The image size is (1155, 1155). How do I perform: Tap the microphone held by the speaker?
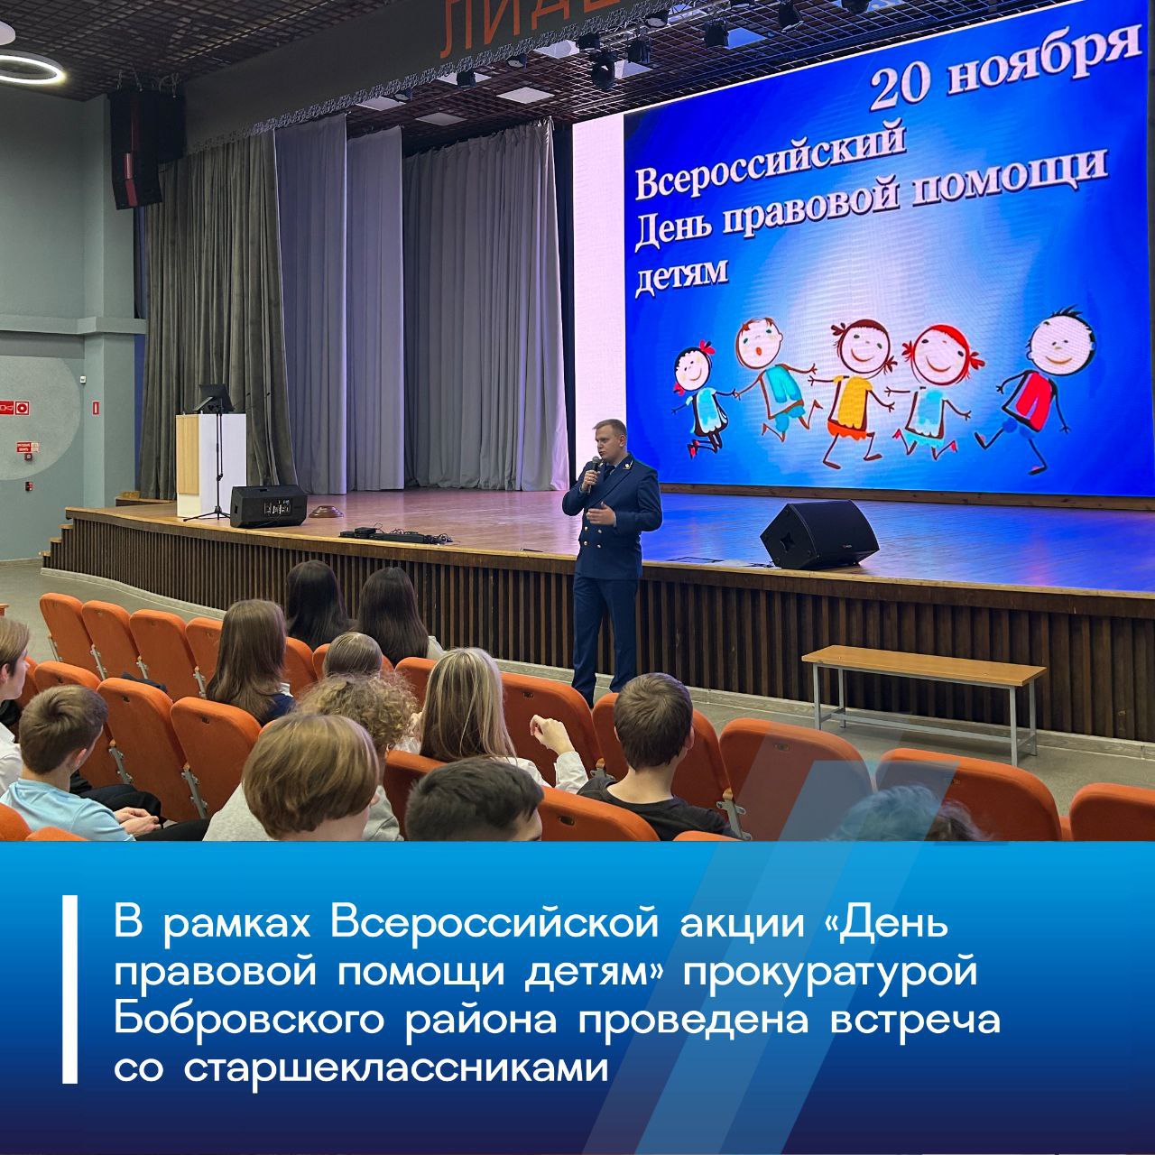pyautogui.click(x=593, y=470)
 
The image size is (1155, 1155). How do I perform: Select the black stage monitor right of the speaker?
pyautogui.click(x=818, y=533)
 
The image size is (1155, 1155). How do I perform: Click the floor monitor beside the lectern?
pyautogui.click(x=267, y=505)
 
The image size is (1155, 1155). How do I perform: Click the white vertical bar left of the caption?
pyautogui.click(x=69, y=989)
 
